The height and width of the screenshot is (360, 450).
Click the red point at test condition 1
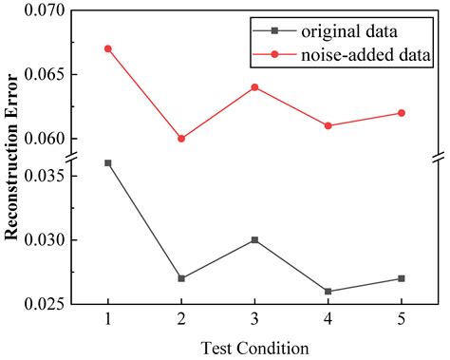(108, 48)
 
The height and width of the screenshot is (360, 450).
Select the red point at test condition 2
(181, 138)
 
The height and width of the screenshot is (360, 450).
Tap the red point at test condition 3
(254, 87)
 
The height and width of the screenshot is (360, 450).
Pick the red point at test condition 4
(328, 125)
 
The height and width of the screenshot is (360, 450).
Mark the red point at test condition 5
(402, 113)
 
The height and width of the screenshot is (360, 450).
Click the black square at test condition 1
(108, 163)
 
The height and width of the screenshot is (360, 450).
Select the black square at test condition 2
(181, 278)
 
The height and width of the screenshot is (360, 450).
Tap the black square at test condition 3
(254, 240)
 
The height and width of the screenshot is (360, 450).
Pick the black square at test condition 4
(328, 292)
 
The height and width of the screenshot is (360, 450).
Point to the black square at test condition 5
(402, 278)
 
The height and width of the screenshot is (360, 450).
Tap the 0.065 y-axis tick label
(46, 74)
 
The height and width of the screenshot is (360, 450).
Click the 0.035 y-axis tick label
(46, 176)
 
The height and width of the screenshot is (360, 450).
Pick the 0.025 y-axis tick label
(46, 304)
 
